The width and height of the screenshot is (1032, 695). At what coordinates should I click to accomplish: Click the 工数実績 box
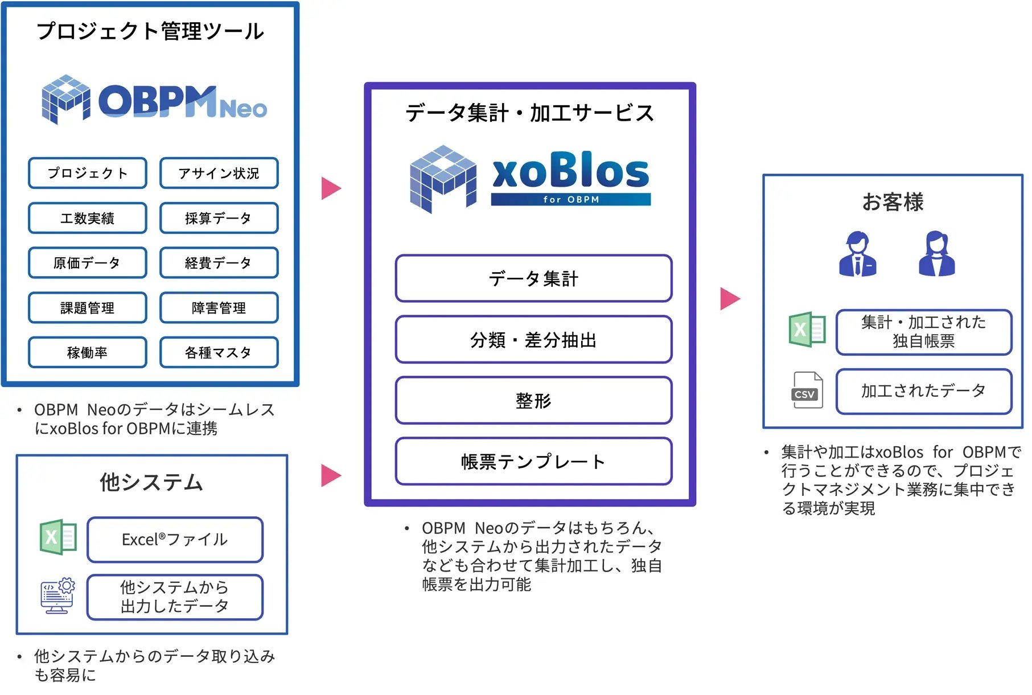88,218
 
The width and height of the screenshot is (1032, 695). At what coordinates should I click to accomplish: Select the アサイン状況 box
219,173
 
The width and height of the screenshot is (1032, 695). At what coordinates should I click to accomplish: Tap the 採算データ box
219,218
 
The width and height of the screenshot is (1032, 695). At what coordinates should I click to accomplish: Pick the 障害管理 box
219,308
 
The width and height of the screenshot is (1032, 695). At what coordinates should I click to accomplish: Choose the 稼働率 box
88,353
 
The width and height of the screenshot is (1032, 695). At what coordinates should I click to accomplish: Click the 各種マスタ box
219,353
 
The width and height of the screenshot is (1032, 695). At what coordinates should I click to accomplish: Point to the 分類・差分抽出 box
533,340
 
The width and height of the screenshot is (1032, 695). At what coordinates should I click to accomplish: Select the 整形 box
533,401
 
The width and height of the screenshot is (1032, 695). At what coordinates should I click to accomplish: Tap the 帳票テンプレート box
533,462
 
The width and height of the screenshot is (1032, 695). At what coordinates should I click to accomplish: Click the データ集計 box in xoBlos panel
533,279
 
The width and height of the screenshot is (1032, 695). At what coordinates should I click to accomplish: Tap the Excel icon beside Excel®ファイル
58,537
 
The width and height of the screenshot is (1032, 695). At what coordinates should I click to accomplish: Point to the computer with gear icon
58,596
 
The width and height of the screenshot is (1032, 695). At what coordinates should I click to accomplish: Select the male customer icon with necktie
857,254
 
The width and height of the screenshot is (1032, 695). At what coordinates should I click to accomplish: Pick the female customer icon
936,254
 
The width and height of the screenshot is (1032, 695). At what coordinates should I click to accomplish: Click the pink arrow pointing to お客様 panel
729,298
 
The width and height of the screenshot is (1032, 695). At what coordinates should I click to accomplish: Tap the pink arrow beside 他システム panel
330,475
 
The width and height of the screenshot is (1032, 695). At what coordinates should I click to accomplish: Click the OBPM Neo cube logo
65,99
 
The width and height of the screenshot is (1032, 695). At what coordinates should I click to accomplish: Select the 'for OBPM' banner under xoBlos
570,200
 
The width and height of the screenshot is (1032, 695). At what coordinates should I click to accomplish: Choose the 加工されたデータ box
923,391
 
